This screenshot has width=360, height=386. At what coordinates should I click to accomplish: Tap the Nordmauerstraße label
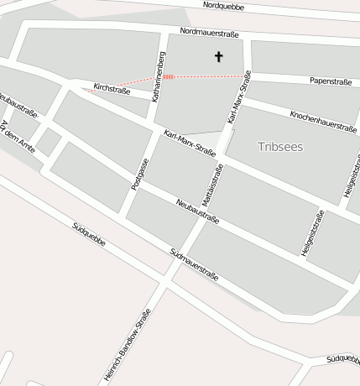(209, 34)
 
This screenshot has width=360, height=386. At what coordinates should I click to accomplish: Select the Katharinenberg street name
(159, 77)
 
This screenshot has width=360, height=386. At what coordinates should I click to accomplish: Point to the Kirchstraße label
(112, 88)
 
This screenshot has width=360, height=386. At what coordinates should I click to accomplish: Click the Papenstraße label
(329, 81)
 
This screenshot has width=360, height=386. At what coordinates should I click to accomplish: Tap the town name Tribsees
(280, 146)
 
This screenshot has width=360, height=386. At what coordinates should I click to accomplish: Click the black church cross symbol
(219, 57)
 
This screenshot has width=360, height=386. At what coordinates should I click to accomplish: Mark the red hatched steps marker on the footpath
(168, 76)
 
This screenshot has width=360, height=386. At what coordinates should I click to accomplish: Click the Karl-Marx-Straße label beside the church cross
(239, 96)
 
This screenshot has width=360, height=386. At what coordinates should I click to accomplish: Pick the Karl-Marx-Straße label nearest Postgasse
(190, 143)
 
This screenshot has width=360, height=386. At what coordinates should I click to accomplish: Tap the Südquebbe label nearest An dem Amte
(89, 234)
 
